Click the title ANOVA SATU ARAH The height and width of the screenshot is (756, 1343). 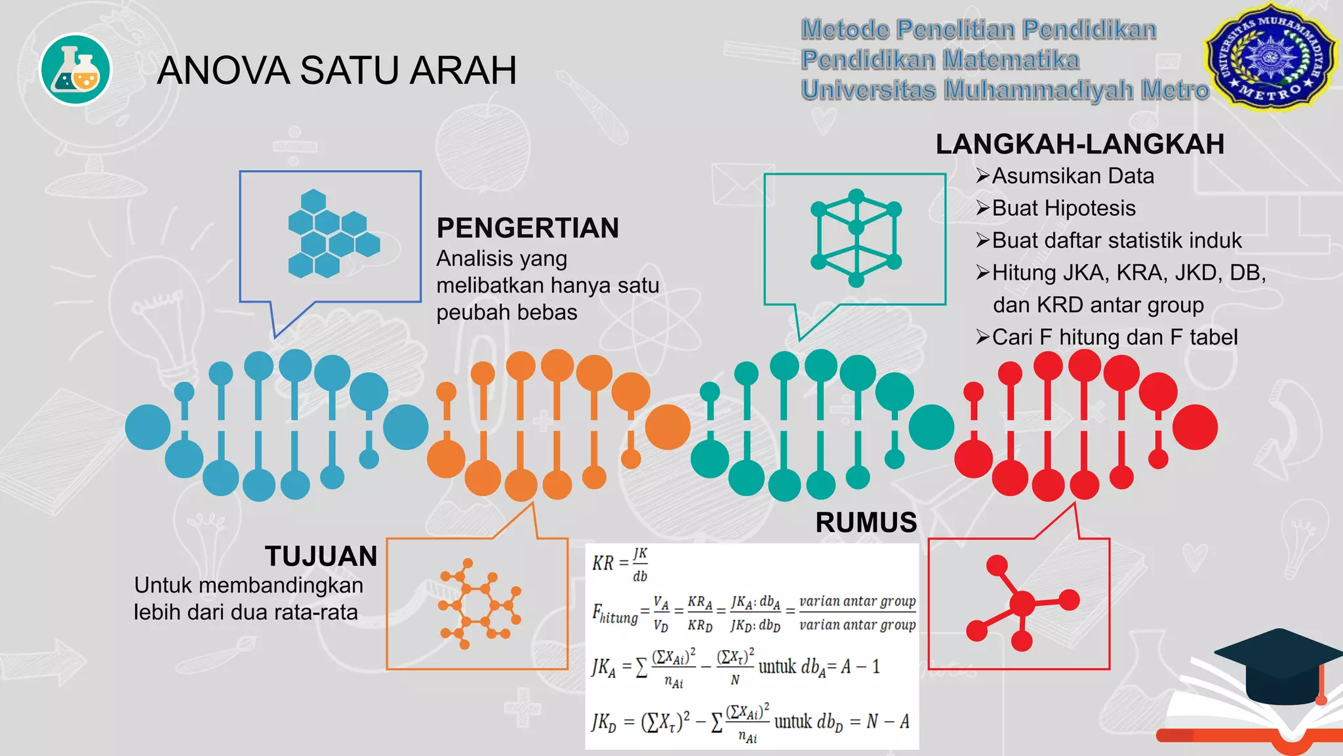point(336,70)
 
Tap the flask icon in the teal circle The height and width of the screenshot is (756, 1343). point(76,70)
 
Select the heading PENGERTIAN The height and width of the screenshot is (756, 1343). point(528,228)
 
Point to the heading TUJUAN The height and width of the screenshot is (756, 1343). point(321,556)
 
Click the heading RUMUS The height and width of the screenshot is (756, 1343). point(866,522)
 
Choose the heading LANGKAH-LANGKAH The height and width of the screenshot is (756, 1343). point(1079,144)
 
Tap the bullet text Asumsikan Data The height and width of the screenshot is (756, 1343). point(1073,176)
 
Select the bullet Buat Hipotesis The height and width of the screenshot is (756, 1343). point(1064,208)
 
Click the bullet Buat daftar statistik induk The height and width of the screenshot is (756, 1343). point(1117,240)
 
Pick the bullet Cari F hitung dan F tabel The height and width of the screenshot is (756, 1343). point(1115,337)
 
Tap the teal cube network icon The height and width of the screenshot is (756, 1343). point(856,238)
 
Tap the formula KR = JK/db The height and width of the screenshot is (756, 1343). point(620,564)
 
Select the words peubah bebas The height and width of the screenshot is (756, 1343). point(507,312)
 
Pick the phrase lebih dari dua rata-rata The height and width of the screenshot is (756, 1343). point(246,612)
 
